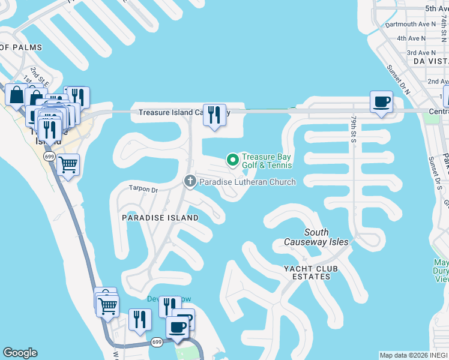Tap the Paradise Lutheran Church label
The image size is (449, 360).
tap(247, 182)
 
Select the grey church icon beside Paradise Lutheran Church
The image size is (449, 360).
tap(190, 181)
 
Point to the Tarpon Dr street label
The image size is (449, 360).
tap(143, 190)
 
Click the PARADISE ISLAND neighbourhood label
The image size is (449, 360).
tap(160, 218)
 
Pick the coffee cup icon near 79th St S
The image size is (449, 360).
tap(381, 101)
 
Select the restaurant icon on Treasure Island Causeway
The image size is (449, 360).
tap(214, 115)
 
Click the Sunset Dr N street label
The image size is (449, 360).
tap(398, 80)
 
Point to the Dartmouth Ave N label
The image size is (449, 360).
tap(406, 25)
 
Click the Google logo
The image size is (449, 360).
tap(20, 353)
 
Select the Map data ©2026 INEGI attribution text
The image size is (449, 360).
tap(414, 355)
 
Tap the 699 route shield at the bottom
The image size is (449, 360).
tap(157, 342)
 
